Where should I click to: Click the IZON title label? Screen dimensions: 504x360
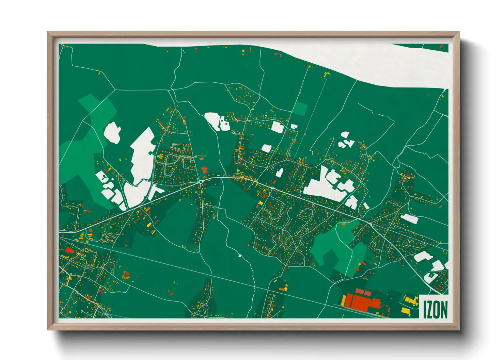[x=435, y=309]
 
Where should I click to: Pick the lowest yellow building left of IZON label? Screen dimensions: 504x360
[x=405, y=310]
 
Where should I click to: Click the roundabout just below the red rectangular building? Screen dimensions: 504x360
[x=201, y=182]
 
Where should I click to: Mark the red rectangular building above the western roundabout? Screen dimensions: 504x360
[x=204, y=170]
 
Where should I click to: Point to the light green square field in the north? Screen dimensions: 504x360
[x=300, y=108]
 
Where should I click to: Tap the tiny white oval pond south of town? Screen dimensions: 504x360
[x=240, y=256]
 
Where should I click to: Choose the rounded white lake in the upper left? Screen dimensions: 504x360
[x=112, y=133]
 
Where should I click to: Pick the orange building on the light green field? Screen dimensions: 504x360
[x=343, y=224]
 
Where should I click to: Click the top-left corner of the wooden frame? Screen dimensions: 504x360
[x=48, y=32]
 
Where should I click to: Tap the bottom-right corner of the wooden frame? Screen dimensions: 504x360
[x=459, y=330]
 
